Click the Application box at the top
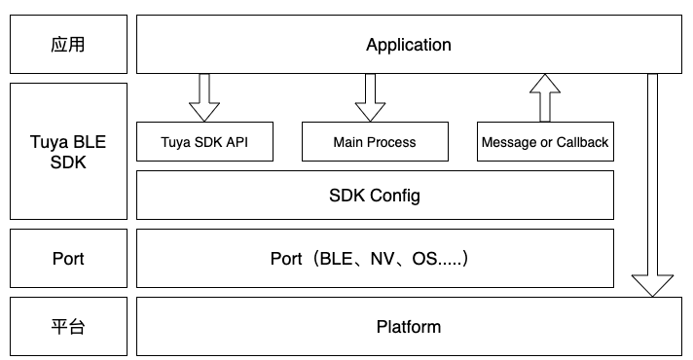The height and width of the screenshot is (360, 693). coord(408,45)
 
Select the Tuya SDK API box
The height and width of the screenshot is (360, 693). coord(203,142)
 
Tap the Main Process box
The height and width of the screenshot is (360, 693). coord(374,142)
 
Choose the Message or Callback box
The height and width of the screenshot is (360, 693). coord(545,142)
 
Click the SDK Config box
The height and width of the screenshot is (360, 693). coord(375,196)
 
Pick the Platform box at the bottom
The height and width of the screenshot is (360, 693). coord(408,326)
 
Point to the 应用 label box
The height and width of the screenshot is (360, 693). coord(67,45)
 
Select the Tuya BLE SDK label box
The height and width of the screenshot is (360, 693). coord(67,152)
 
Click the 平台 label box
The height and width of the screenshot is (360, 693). coord(67,326)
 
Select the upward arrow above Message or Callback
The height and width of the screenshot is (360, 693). coord(545,98)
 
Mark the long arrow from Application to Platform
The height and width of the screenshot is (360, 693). coord(651,185)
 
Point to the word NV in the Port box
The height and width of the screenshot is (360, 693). coord(383,260)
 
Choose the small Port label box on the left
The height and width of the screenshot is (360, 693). coord(67,259)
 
